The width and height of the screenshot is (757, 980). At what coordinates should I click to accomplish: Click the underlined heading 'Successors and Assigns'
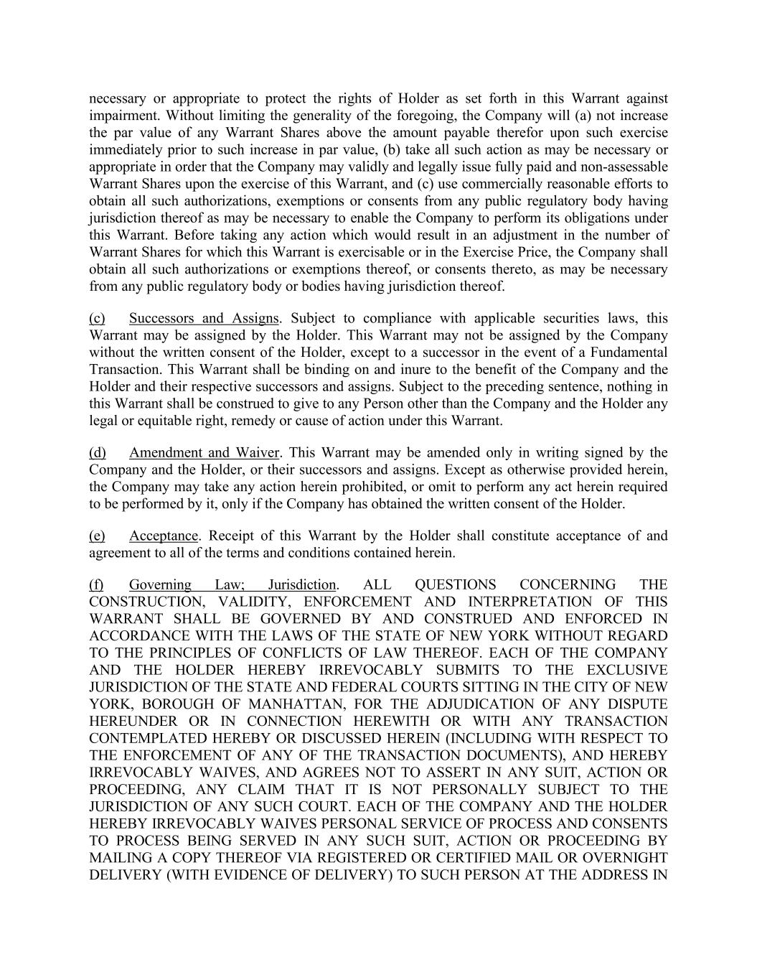point(204,318)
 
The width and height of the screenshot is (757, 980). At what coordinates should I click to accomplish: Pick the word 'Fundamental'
point(631,353)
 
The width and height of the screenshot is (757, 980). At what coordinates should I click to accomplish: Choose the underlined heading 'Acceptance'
point(163,536)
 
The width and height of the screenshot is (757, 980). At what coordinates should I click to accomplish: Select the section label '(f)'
point(96,584)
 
